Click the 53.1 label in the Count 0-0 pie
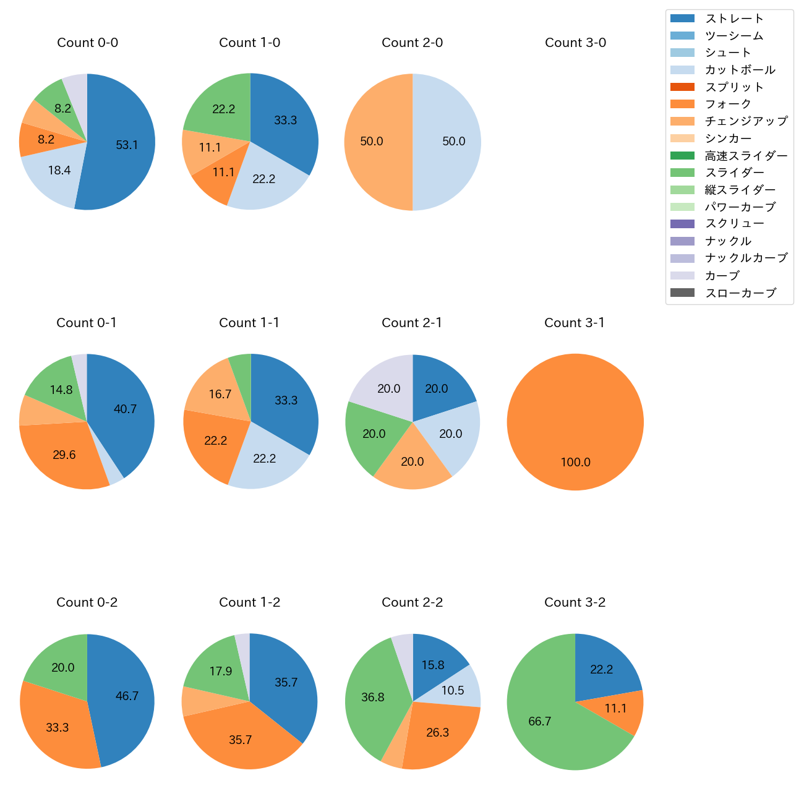127,145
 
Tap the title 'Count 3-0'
575,43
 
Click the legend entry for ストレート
734,19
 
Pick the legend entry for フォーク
728,104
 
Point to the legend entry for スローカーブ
740,293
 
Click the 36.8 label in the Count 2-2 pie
373,698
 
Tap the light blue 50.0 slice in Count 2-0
453,142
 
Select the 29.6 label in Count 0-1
64,455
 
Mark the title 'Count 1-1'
249,323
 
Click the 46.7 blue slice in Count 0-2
127,696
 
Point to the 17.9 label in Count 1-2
221,671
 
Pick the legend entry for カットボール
740,70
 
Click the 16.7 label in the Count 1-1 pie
220,394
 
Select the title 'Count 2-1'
412,323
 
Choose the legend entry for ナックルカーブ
746,259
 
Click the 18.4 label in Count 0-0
59,170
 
